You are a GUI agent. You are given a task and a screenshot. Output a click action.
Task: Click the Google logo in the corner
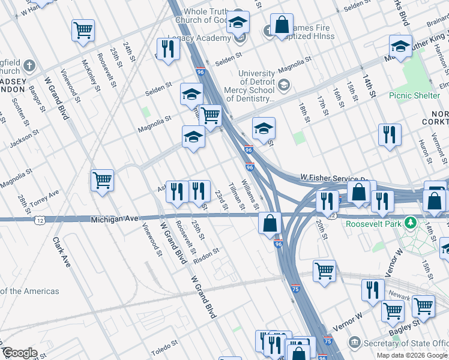[x=19, y=353]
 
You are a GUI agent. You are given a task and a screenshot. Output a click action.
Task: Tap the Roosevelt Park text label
[x=376, y=223]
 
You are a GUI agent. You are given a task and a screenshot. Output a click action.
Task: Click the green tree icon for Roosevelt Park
[x=411, y=223]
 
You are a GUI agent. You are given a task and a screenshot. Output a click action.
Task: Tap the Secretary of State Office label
[x=407, y=343]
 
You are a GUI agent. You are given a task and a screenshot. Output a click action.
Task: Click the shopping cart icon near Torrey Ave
[x=102, y=179]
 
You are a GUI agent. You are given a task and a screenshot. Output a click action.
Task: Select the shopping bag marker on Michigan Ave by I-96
[x=270, y=223]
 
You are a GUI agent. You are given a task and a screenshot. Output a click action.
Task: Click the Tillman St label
[x=236, y=196]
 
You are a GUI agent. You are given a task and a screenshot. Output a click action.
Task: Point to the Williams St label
[x=250, y=194]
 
